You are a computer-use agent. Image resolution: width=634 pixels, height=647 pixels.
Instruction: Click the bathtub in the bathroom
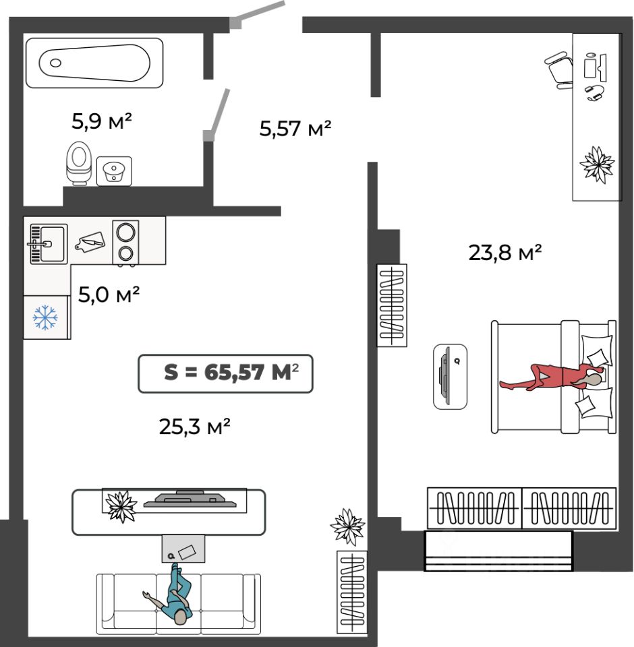pos(94,63)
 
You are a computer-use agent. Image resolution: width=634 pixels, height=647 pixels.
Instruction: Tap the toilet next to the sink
pos(78,163)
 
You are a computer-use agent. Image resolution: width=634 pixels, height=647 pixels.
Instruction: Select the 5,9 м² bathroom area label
pos(102,121)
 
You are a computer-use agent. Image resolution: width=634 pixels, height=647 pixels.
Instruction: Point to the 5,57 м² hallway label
pos(295,128)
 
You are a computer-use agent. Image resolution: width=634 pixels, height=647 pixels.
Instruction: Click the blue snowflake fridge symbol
pos(45,317)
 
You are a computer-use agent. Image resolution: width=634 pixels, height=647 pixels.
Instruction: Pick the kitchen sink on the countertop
pos(49,244)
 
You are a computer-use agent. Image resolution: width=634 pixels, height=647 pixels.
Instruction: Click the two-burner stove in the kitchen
pos(125,242)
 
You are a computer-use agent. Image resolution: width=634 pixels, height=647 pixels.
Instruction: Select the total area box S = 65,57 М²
pos(225,373)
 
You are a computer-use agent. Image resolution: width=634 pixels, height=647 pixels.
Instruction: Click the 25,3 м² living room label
pos(194,426)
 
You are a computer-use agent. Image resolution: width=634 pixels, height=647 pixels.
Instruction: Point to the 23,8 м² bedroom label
pos(505,252)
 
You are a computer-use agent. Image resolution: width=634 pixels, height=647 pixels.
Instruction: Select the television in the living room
pos(190,499)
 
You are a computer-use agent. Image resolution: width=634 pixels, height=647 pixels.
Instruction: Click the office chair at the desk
pos(559,69)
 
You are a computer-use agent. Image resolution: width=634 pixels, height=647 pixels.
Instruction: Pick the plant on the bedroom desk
pos(597,164)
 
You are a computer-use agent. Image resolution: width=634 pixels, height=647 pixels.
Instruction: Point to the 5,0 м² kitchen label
pos(109,295)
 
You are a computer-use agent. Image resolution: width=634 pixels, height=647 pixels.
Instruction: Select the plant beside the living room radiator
pos(348,526)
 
